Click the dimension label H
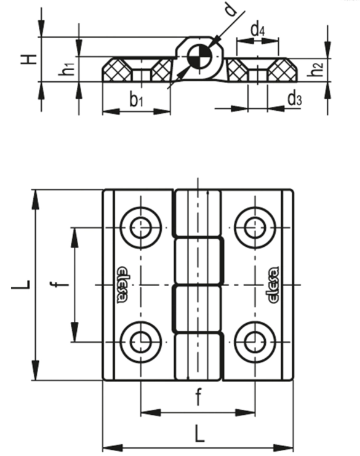coord(28,59)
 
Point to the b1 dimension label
coord(136,100)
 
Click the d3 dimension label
coord(295,99)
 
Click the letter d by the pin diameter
coord(231,10)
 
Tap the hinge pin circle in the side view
coord(199,57)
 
